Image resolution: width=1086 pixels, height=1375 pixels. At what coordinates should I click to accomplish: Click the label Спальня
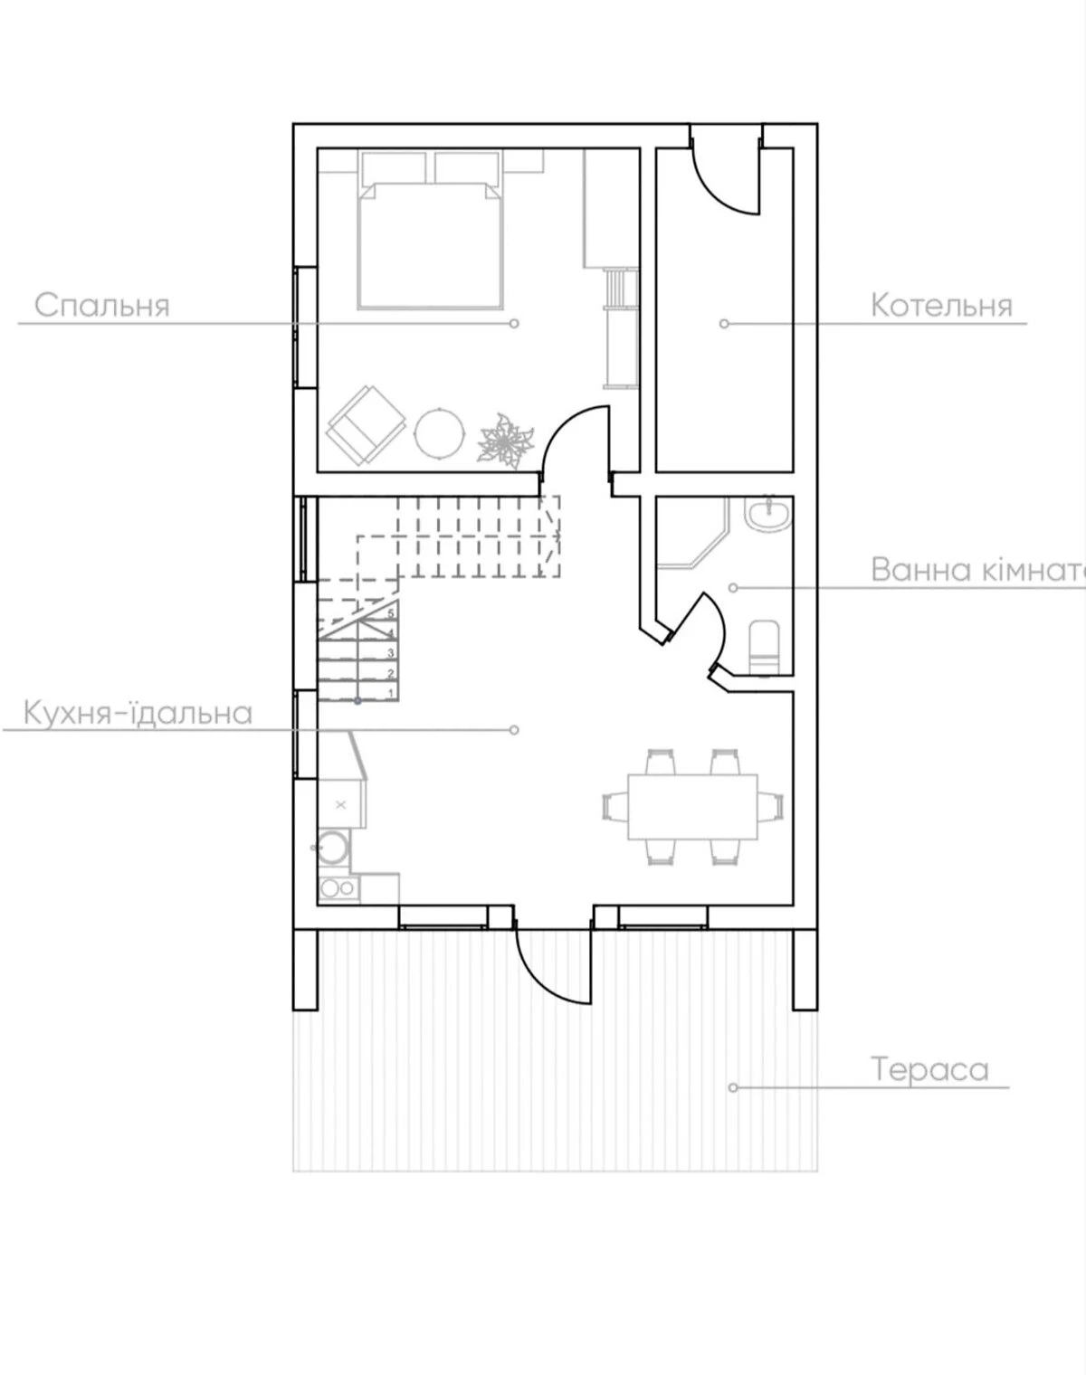pos(102,306)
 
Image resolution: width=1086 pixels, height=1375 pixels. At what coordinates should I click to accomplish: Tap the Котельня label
pos(941,306)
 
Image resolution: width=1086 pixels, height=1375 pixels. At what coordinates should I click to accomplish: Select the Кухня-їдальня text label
pos(138,713)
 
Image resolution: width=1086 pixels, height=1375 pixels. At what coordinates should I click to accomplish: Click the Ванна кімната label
pos(978,569)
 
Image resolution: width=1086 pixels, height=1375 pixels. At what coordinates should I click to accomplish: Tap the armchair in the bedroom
pos(366,424)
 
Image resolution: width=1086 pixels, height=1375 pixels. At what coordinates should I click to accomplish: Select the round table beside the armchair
pos(439,432)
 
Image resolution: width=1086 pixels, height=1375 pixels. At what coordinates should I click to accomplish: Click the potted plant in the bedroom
pos(506,441)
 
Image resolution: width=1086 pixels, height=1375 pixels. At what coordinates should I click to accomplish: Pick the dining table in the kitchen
pos(693,806)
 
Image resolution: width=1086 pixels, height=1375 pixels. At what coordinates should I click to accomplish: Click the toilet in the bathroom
pos(764,647)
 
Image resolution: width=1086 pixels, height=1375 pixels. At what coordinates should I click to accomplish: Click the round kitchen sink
pos(333,848)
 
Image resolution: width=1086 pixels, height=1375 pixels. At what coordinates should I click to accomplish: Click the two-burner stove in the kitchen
pos(338,888)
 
